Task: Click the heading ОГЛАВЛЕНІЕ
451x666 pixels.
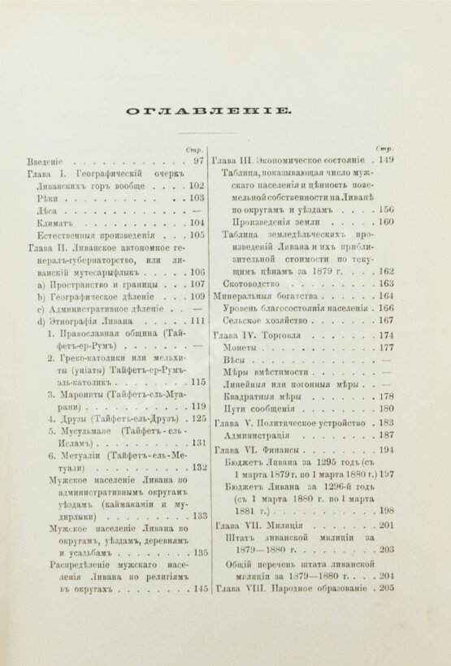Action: (225, 111)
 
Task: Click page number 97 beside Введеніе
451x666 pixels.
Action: (197, 162)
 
